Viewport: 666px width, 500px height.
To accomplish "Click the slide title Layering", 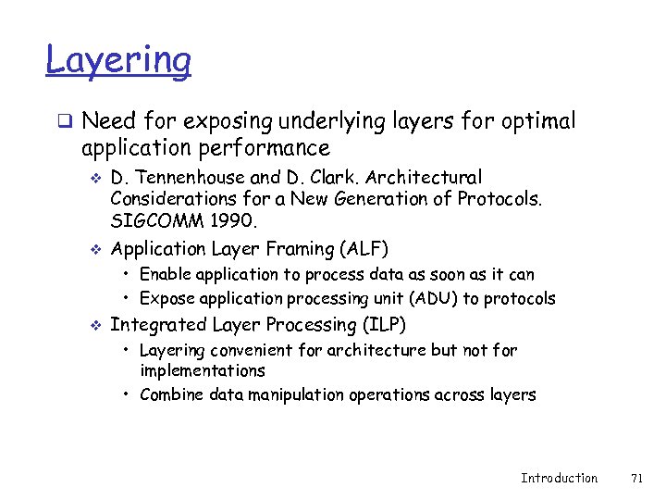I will (x=118, y=60).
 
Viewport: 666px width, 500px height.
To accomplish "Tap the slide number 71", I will (x=635, y=478).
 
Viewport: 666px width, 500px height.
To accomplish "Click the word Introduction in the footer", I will (x=559, y=478).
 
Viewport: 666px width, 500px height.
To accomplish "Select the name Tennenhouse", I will (x=183, y=177).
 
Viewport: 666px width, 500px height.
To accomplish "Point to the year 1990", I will (x=235, y=222).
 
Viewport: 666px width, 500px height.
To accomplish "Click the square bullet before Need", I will (x=66, y=121).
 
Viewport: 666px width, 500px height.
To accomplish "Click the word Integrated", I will (x=159, y=325).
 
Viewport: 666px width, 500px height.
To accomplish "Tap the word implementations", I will (x=202, y=370).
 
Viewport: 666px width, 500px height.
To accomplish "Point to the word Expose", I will (x=165, y=298).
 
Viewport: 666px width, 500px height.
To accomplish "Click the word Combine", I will (x=169, y=394).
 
